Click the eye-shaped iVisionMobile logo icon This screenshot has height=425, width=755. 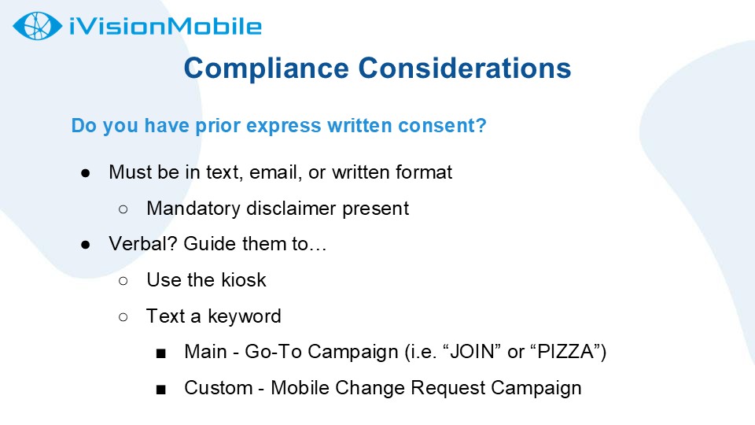37,25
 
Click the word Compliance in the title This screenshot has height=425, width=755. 267,68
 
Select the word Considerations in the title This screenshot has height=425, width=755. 465,68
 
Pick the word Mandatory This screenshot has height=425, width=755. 193,209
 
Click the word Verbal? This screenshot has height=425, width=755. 143,244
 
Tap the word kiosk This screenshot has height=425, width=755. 244,280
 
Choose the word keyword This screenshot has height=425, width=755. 244,316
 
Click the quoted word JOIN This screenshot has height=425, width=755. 472,352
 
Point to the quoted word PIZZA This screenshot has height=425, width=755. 565,352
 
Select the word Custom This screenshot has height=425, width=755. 219,388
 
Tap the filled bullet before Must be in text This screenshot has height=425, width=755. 86,173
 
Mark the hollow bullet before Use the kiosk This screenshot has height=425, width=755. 123,281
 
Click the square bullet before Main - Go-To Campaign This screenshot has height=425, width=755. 160,353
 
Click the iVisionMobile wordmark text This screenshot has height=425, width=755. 165,26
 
